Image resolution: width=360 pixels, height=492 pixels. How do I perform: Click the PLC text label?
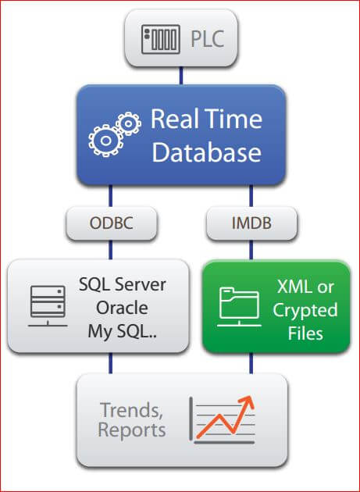point(208,38)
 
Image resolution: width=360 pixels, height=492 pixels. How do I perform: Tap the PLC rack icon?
point(161,40)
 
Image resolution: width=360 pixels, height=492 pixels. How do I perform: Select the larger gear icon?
point(105,141)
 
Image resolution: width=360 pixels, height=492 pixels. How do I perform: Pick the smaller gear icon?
point(129,123)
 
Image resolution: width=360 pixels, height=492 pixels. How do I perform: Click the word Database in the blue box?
point(206,153)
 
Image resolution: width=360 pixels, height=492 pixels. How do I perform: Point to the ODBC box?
point(112,223)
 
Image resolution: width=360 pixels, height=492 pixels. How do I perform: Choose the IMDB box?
point(251,223)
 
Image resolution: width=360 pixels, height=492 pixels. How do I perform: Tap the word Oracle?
point(122,308)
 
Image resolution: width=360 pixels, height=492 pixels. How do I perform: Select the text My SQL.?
point(122,331)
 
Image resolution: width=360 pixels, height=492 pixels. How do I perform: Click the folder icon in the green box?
point(239,307)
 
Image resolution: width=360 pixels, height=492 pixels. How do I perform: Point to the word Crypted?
point(305,311)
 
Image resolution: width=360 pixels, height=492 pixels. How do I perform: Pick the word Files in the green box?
point(305,333)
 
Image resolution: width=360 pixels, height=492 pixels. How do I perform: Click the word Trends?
point(131,410)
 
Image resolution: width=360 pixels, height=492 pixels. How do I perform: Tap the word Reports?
point(132,430)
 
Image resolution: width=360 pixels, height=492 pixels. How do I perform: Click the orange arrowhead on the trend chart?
point(247,402)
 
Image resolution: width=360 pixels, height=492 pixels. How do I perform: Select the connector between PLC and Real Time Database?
point(181,76)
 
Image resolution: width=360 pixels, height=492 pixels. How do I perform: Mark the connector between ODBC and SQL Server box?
point(110,250)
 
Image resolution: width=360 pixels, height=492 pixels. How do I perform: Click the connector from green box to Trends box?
point(251,363)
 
